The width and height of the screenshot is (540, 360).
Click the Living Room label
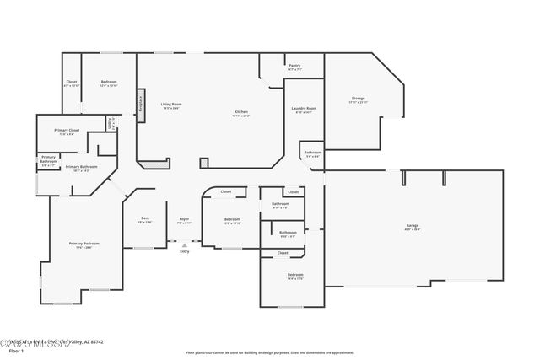(x=171, y=105)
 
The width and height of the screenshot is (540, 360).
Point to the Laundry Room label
(x=304, y=109)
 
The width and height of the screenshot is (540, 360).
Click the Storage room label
(x=358, y=99)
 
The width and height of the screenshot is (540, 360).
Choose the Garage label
(x=413, y=225)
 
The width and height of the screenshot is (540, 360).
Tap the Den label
(x=144, y=219)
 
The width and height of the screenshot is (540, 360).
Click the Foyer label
(x=184, y=219)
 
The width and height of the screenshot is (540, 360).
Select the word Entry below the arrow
(x=184, y=252)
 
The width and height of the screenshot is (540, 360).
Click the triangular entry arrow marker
(x=184, y=244)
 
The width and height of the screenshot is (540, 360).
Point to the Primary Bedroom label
(x=80, y=244)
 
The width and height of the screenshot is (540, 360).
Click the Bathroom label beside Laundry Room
(x=312, y=153)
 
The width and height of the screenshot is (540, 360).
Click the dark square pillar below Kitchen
(x=203, y=162)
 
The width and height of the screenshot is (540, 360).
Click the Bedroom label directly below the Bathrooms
(x=294, y=275)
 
